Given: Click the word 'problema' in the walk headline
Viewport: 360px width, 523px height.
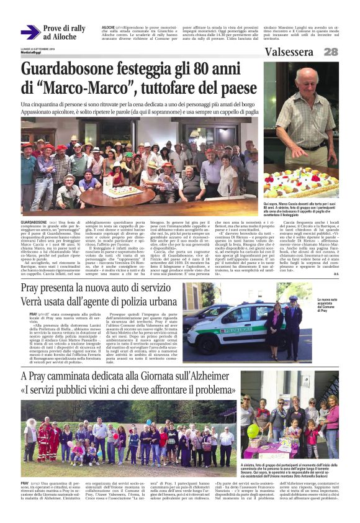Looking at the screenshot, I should click(209, 390).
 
